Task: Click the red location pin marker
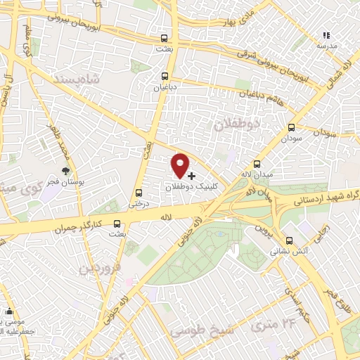point(181,165)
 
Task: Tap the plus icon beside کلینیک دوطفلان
point(191,174)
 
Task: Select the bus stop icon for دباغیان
point(165,76)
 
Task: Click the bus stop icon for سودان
point(291,128)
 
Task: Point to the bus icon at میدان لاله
point(256,163)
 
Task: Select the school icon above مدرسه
point(325,34)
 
